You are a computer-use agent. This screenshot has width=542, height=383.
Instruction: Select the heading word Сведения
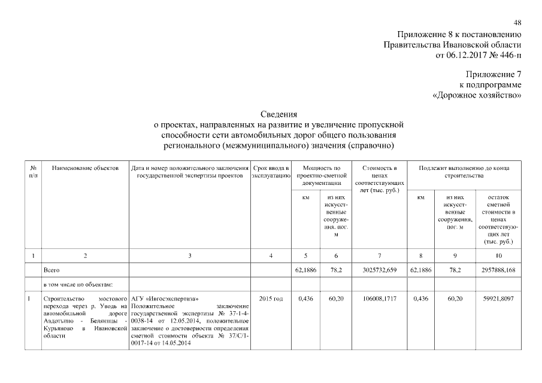[279, 114]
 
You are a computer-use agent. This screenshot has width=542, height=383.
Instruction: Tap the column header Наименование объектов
[86, 168]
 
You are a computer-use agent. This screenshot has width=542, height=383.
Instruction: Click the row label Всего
[52, 270]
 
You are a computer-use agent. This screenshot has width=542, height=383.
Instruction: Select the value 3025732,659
[380, 270]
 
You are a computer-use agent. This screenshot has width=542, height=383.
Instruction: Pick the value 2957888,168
[498, 270]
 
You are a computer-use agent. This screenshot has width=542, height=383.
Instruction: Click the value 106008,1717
[380, 297]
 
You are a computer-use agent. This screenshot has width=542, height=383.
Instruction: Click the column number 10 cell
[498, 256]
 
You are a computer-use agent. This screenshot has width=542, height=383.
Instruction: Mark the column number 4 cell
[271, 256]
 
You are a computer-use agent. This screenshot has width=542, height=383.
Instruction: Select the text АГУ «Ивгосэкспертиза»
[165, 297]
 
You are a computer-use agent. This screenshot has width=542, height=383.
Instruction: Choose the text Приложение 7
[493, 75]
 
